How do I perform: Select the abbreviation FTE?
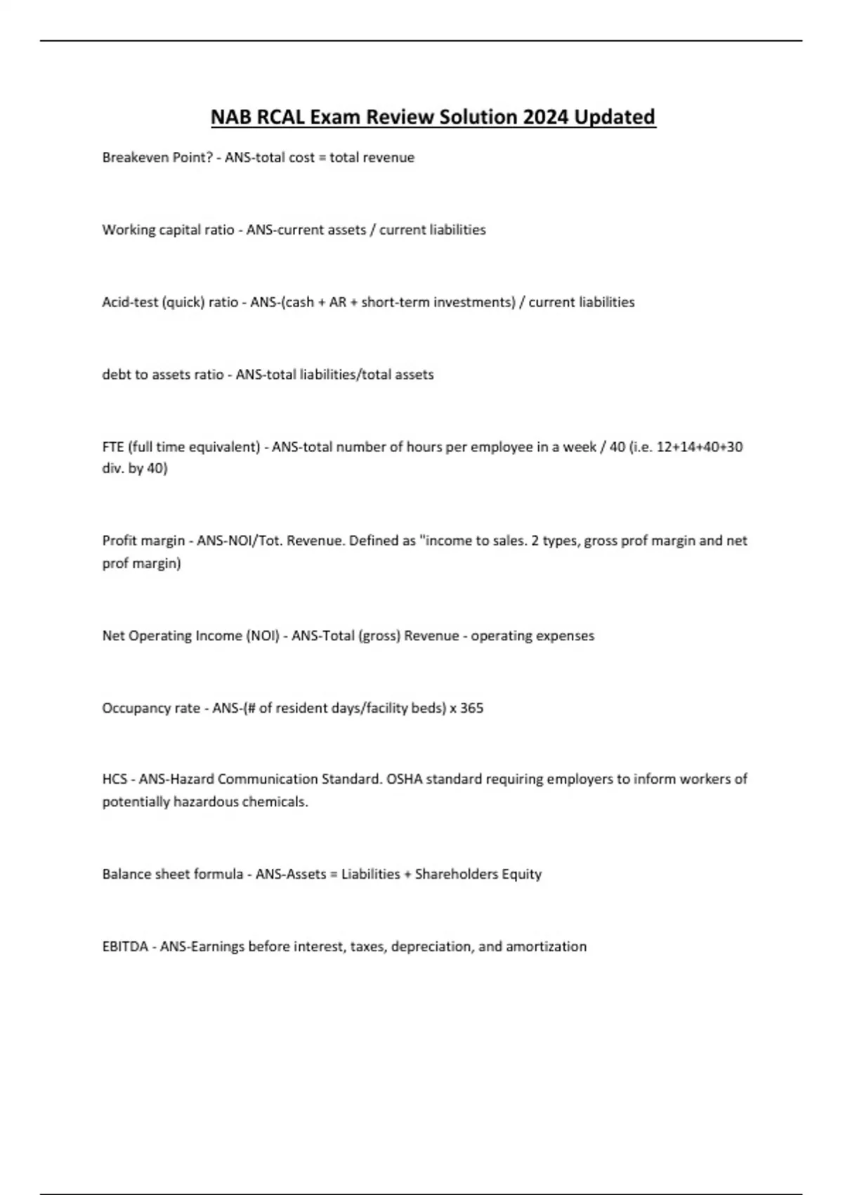coord(113,447)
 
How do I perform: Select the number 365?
coord(471,708)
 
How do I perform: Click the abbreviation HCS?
coord(115,779)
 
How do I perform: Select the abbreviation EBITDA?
coord(125,947)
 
